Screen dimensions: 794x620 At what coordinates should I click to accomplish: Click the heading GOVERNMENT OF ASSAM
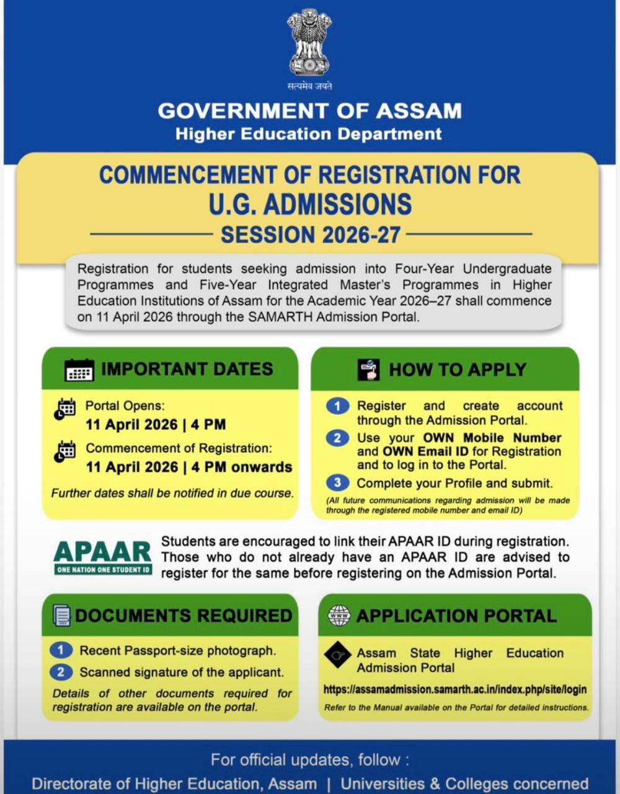(309, 110)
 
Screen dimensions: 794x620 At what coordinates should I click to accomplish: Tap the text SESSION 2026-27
(311, 235)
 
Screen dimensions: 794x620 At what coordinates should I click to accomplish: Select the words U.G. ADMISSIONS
(310, 204)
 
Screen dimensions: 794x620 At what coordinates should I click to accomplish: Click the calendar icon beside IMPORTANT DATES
(79, 370)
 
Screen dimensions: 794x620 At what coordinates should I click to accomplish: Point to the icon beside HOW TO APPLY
(368, 370)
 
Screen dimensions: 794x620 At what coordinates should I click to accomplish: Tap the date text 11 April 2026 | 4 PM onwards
(189, 467)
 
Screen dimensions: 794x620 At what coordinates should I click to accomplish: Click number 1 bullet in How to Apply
(337, 406)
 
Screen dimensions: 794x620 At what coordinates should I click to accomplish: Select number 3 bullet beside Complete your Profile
(337, 483)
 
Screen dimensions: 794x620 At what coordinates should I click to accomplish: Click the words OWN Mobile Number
(492, 437)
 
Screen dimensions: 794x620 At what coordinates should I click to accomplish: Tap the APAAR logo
(103, 556)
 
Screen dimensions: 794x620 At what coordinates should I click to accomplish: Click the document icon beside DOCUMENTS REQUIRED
(61, 615)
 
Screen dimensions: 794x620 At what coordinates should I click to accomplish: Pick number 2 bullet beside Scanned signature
(61, 672)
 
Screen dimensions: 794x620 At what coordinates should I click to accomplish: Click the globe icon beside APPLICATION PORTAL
(339, 615)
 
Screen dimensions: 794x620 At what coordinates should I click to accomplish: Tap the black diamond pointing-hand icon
(338, 655)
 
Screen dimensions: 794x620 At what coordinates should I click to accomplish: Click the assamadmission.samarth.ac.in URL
(454, 689)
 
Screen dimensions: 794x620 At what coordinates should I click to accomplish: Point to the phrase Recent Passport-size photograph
(178, 651)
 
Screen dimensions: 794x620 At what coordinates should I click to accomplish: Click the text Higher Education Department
(309, 134)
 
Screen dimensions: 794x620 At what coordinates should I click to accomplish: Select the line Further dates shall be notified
(172, 493)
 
